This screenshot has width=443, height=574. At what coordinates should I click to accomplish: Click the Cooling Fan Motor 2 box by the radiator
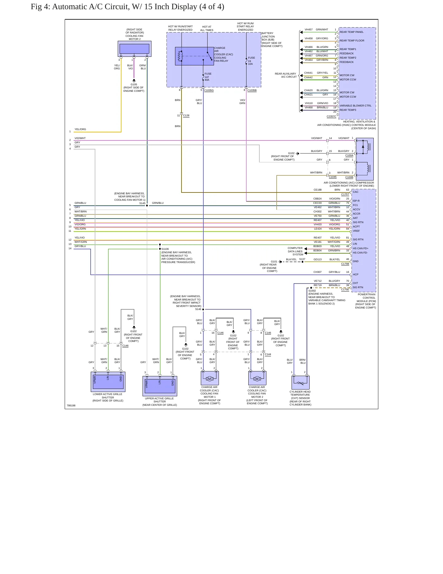coord(134,49)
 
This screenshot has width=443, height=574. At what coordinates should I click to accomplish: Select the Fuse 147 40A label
coord(208,77)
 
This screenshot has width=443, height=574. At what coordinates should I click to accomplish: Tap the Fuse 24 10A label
coord(251,61)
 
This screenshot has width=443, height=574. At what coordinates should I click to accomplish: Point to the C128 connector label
coord(186,116)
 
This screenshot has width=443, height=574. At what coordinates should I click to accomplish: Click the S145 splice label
coord(142,203)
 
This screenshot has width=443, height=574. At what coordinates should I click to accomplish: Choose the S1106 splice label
coord(165,249)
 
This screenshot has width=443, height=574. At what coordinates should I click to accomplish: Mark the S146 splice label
coord(198,309)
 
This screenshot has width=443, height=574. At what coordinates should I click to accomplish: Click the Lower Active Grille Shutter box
coord(108,382)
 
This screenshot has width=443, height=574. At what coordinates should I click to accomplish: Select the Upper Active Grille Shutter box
coord(160,386)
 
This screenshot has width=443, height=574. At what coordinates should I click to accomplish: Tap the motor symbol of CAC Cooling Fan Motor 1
coord(210,379)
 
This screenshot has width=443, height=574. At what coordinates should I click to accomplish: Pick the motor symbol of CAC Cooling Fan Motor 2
coord(257,379)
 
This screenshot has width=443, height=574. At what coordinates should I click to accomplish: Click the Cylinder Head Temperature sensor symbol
coord(300,383)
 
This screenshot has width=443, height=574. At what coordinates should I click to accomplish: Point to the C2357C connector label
coord(331,116)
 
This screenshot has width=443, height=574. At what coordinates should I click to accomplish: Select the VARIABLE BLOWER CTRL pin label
coord(355,106)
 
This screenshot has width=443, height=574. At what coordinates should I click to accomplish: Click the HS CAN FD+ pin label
coord(361,248)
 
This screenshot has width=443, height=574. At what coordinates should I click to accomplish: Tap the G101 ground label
coord(274,262)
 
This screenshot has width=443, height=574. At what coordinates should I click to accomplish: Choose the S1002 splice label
coord(312,291)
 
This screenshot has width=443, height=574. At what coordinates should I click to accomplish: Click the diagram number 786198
coord(71,405)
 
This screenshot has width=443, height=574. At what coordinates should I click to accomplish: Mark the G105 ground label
coord(134,84)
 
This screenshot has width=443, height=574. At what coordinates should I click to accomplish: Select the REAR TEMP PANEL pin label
coord(352,32)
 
